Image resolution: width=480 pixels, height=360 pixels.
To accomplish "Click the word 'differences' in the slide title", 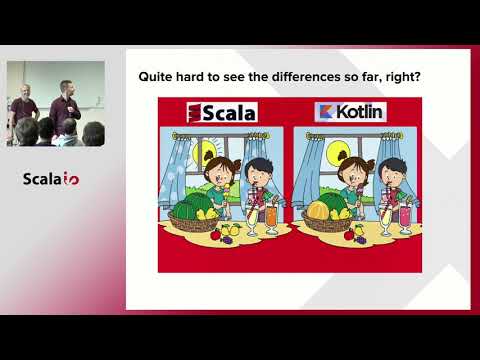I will [x=310, y=75].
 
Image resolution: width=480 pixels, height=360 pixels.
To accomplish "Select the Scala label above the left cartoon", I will [x=221, y=112].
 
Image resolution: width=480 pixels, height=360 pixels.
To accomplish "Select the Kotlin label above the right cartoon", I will [x=349, y=112].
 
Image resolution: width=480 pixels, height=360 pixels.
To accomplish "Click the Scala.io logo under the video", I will [x=51, y=180].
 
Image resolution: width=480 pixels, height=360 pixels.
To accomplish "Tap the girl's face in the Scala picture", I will [x=217, y=171].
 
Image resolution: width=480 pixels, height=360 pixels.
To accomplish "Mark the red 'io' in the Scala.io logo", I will [x=72, y=180].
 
